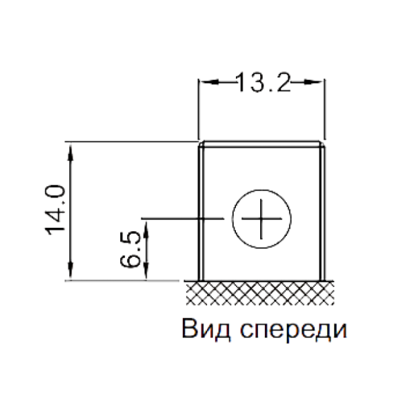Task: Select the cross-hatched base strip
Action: point(262,293)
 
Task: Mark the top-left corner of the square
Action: point(201,144)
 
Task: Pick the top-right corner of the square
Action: point(324,144)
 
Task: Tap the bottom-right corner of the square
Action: point(324,280)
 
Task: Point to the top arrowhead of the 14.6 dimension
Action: point(71,148)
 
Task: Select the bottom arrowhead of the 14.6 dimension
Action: point(71,277)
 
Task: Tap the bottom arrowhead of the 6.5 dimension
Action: point(146,277)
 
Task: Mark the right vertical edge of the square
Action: point(324,207)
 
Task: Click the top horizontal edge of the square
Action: point(262,144)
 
